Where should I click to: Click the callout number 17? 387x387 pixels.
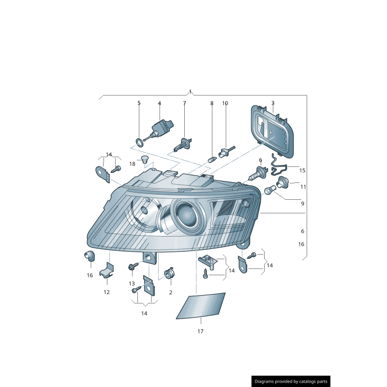200,331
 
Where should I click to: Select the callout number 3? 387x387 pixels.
273,103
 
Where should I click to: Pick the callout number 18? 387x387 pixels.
132,164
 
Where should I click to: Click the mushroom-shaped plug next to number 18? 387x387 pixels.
144,160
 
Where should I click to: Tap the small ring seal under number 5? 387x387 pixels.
139,142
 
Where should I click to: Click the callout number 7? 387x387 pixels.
184,103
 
